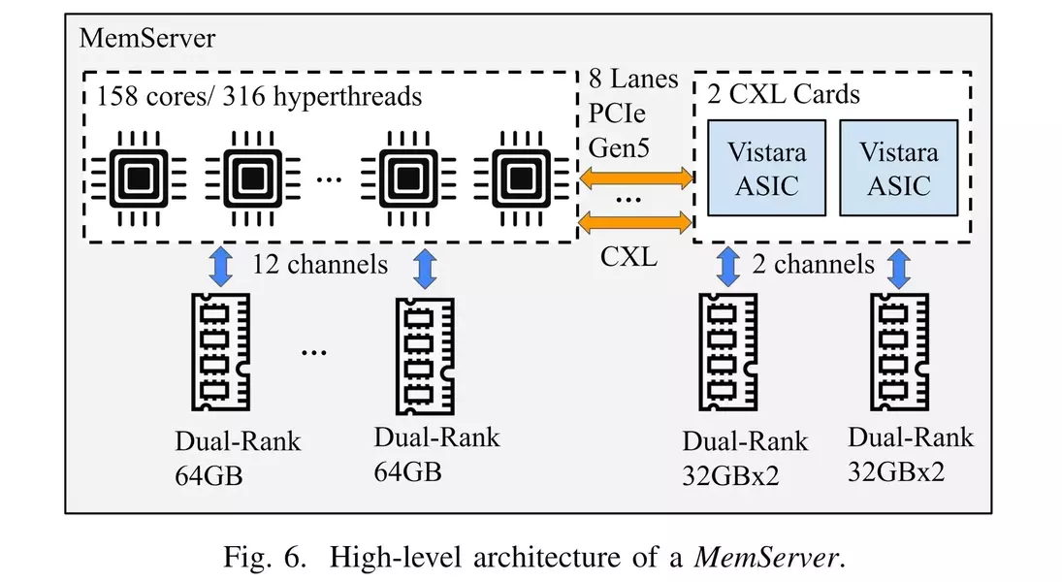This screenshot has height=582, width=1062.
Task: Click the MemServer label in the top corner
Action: [147, 38]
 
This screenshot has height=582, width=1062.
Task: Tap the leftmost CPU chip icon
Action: [139, 178]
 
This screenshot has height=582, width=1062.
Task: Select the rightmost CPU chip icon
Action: [521, 178]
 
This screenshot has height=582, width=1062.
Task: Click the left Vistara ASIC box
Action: [767, 168]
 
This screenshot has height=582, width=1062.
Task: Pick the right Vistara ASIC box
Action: [899, 168]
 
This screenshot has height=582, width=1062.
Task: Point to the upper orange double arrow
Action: [636, 178]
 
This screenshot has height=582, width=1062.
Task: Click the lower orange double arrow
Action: [636, 222]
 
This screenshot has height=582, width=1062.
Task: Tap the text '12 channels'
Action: [320, 264]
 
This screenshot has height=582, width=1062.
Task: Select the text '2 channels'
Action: [813, 264]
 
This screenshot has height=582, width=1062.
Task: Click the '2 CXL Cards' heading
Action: [784, 94]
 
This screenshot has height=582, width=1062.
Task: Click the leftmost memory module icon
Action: [221, 352]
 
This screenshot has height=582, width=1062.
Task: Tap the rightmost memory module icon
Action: [899, 352]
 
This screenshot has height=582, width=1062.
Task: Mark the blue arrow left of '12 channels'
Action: [221, 267]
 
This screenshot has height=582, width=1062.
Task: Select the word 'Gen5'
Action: [619, 147]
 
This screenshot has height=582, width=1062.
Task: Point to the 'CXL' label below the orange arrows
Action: [628, 257]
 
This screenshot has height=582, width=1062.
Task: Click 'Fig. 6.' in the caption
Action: [265, 557]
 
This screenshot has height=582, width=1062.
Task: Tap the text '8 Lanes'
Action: [633, 80]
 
